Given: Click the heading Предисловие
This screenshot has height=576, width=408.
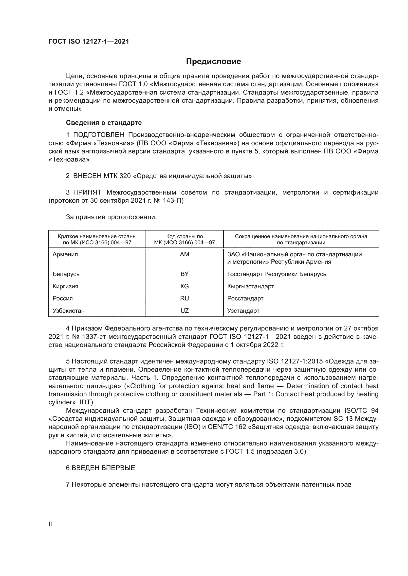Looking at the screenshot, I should tap(213, 62).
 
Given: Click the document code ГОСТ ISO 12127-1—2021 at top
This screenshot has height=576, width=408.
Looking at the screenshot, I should tap(89, 41).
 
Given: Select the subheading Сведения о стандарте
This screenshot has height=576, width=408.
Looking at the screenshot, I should tap(104, 123).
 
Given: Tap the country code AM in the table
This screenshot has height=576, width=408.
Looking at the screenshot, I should tap(185, 254).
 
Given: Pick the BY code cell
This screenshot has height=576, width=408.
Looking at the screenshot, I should tap(185, 274).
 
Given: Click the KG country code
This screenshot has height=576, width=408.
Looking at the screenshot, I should tap(185, 286).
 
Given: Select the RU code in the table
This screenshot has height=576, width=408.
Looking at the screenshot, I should tap(185, 298).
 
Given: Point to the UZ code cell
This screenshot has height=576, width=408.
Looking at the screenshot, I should tap(185, 311).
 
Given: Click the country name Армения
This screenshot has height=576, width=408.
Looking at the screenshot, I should tap(65, 254).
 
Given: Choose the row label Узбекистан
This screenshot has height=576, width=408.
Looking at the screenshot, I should tap(69, 311).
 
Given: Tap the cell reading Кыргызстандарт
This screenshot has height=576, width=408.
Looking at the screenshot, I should tap(250, 286).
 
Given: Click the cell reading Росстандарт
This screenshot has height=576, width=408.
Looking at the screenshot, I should tap(245, 298).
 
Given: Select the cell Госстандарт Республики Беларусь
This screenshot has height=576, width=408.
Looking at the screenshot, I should tap(277, 274).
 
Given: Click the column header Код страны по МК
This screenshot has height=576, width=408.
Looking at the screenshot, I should tap(185, 239).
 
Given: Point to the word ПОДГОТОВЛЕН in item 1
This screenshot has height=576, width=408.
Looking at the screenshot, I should tap(98, 135).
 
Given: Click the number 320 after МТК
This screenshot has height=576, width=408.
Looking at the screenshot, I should tap(125, 176).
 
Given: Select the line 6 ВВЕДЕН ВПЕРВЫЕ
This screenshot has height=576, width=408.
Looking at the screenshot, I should tap(100, 468).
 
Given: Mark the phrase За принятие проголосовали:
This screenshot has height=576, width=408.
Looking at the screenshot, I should tap(111, 217).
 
